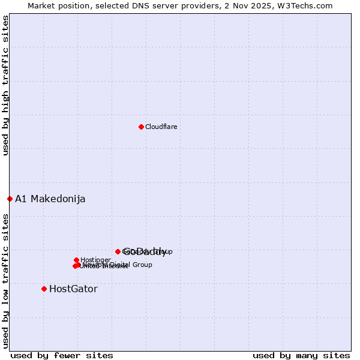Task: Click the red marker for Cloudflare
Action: coord(141,127)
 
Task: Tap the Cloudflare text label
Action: coord(161,127)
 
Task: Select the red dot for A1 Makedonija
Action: coord(10,199)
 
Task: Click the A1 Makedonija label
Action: coord(50,199)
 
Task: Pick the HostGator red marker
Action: coord(44,289)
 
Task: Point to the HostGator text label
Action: coord(73,289)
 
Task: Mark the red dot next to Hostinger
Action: coord(76,260)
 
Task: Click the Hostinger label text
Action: coord(95,260)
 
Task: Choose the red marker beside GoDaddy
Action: coord(118,251)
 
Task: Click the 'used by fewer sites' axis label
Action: coord(62,355)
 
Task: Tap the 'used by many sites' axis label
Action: coord(301,355)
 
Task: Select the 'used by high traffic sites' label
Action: coord(6,85)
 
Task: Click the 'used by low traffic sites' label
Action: coord(6,281)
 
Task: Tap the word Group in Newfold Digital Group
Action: coord(142,265)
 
